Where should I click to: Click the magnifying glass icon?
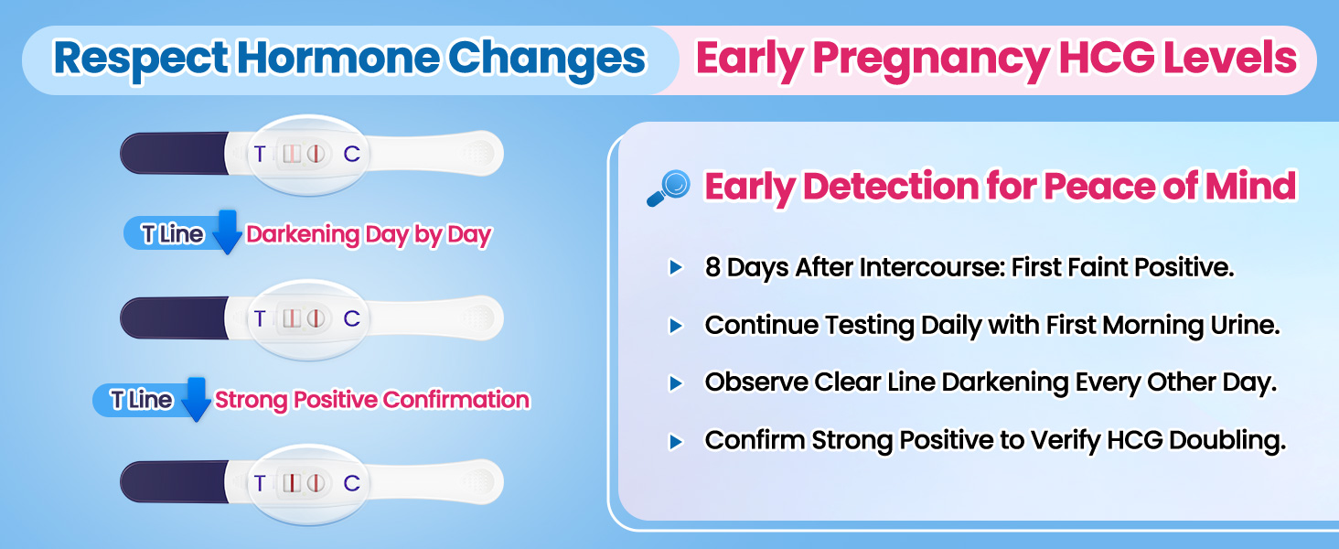[669, 188]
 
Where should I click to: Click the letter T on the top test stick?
[260, 154]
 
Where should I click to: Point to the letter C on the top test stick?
[351, 154]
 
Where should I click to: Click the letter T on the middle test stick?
[260, 318]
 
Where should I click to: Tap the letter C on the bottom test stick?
[351, 483]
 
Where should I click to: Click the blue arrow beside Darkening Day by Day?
[227, 231]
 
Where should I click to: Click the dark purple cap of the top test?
[174, 153]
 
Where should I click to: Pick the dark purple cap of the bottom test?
[174, 482]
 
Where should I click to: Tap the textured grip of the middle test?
[477, 318]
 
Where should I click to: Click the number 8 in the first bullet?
[712, 268]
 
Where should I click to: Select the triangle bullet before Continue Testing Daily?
[676, 326]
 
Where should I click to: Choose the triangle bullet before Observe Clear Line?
[676, 383]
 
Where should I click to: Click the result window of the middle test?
[304, 318]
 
